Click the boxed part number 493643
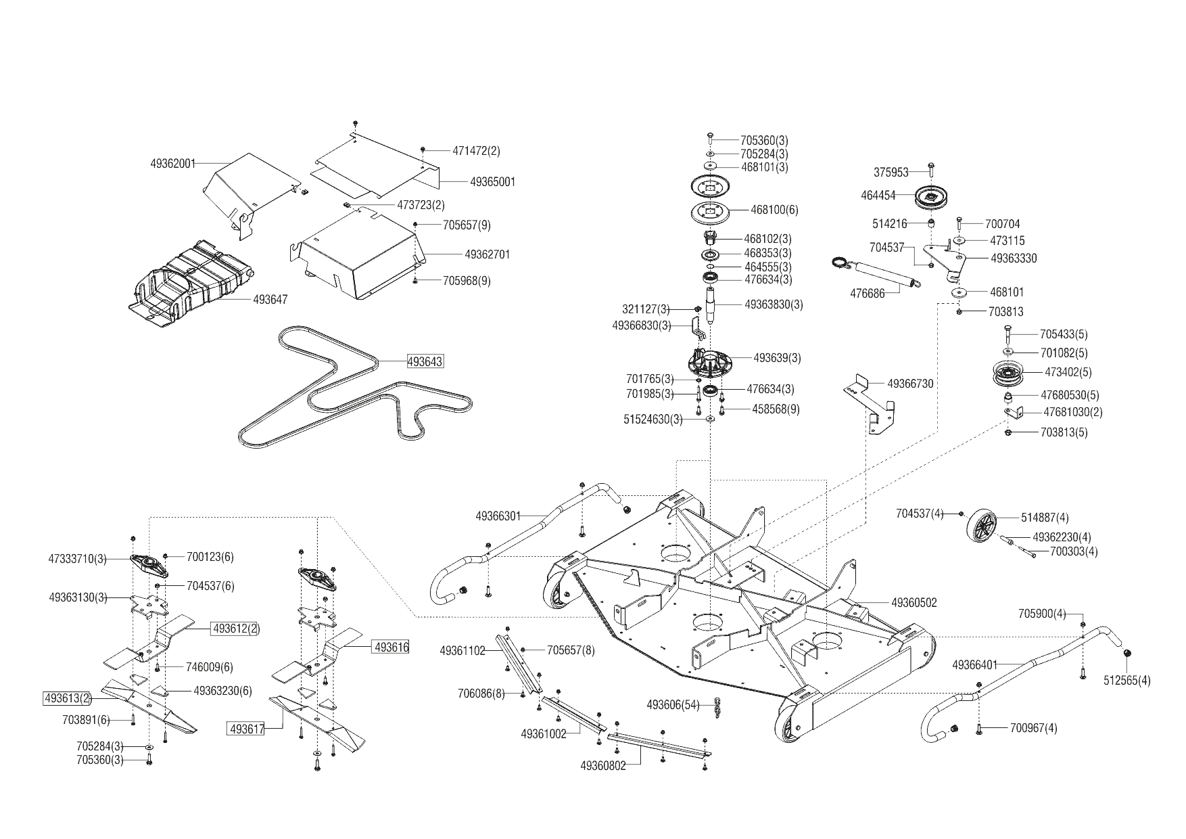pyautogui.click(x=425, y=361)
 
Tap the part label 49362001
pyautogui.click(x=172, y=163)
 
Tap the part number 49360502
pyautogui.click(x=914, y=603)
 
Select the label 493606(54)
pyautogui.click(x=673, y=705)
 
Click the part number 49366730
pyautogui.click(x=910, y=384)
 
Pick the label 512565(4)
pyautogui.click(x=1126, y=681)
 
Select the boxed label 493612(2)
pyautogui.click(x=236, y=629)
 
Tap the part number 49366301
pyautogui.click(x=498, y=516)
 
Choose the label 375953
pyautogui.click(x=891, y=173)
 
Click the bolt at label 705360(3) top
pyautogui.click(x=710, y=138)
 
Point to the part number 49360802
pyautogui.click(x=602, y=766)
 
